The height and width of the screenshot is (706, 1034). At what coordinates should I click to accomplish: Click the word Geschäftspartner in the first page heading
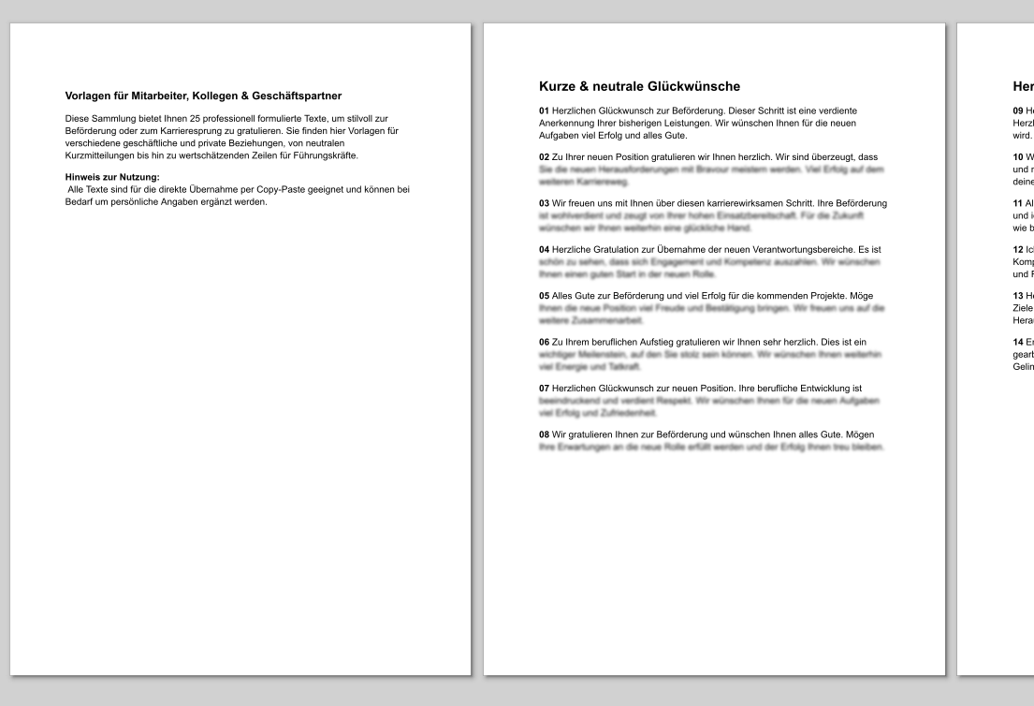(295, 96)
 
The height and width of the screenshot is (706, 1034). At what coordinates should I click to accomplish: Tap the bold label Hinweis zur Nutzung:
(112, 177)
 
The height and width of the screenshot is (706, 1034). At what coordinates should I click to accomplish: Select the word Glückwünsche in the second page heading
(693, 87)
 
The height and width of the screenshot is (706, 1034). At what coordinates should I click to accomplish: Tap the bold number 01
(545, 110)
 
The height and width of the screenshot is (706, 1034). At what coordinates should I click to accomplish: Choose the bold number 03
(545, 203)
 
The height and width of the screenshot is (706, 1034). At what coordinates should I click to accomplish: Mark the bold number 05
(545, 296)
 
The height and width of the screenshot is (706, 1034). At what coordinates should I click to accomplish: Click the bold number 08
(545, 434)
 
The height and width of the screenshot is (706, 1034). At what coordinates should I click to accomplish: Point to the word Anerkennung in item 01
(568, 123)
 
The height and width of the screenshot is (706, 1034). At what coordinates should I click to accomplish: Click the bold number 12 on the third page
(1018, 250)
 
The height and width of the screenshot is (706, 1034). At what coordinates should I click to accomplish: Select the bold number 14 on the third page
(1018, 343)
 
